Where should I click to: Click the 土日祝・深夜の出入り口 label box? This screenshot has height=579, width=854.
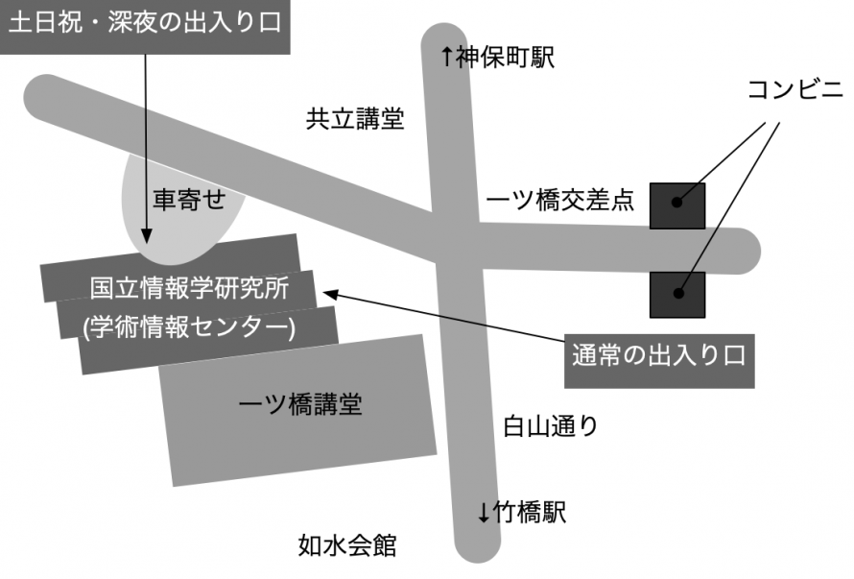pyautogui.click(x=145, y=26)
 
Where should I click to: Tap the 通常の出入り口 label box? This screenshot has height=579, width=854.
pyautogui.click(x=659, y=361)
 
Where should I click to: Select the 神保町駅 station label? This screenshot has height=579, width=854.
pyautogui.click(x=505, y=58)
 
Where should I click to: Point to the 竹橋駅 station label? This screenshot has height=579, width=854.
pyautogui.click(x=530, y=513)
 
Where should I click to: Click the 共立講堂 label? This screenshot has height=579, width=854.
pyautogui.click(x=355, y=119)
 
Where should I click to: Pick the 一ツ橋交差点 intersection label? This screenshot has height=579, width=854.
pyautogui.click(x=559, y=201)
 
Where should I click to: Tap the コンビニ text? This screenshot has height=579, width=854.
pyautogui.click(x=795, y=89)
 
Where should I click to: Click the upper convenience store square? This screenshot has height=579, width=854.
pyautogui.click(x=677, y=206)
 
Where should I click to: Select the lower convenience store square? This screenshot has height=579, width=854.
pyautogui.click(x=677, y=295)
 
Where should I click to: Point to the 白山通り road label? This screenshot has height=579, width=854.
pyautogui.click(x=550, y=425)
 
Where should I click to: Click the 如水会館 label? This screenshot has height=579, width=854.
pyautogui.click(x=347, y=545)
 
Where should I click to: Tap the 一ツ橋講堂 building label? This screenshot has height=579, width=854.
pyautogui.click(x=300, y=404)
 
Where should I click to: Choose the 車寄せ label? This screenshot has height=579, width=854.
pyautogui.click(x=189, y=200)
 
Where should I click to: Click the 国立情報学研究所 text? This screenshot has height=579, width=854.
pyautogui.click(x=190, y=288)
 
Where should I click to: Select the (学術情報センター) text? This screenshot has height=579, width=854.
pyautogui.click(x=189, y=327)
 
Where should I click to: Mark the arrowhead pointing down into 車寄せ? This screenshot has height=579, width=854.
pyautogui.click(x=146, y=236)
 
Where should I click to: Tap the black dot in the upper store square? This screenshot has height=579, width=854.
pyautogui.click(x=677, y=203)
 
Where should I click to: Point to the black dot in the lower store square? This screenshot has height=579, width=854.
pyautogui.click(x=678, y=293)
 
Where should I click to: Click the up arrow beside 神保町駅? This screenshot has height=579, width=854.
pyautogui.click(x=446, y=57)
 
